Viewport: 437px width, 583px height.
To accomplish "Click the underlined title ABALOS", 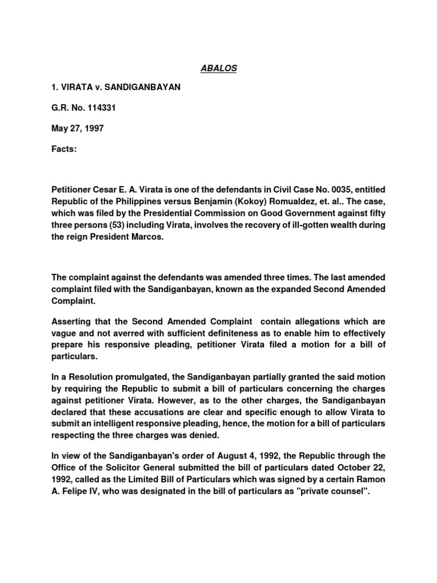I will tap(218, 69).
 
